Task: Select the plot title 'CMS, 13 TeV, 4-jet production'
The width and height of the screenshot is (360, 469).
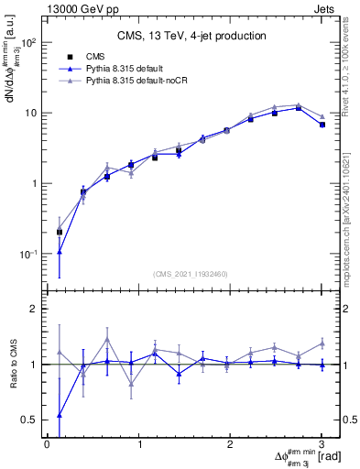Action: tap(191, 37)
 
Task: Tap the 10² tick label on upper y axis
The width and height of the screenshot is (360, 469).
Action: tap(28, 43)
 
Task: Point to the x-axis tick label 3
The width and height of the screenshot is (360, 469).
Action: tap(322, 444)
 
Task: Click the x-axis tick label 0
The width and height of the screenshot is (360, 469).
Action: tap(47, 444)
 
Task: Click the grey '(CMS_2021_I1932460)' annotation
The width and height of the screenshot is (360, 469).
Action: tap(191, 274)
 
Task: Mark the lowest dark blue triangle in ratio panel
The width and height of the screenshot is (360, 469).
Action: tap(60, 415)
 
